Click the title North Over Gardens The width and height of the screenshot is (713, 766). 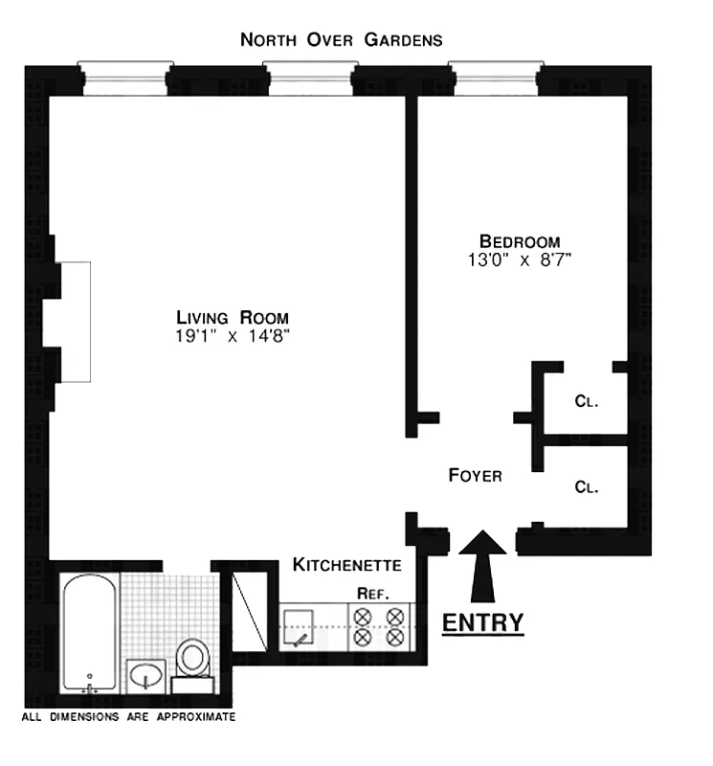(x=342, y=40)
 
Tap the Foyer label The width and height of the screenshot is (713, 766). (x=476, y=475)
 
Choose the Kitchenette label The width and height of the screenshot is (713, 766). (x=346, y=564)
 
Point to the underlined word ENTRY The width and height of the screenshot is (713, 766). (x=482, y=622)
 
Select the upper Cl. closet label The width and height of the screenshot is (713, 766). (x=587, y=402)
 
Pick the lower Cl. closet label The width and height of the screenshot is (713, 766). (x=587, y=486)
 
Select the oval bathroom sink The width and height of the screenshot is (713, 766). (x=146, y=676)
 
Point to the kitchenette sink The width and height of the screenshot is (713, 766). (x=303, y=628)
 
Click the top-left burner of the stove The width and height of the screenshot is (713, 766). (x=364, y=618)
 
